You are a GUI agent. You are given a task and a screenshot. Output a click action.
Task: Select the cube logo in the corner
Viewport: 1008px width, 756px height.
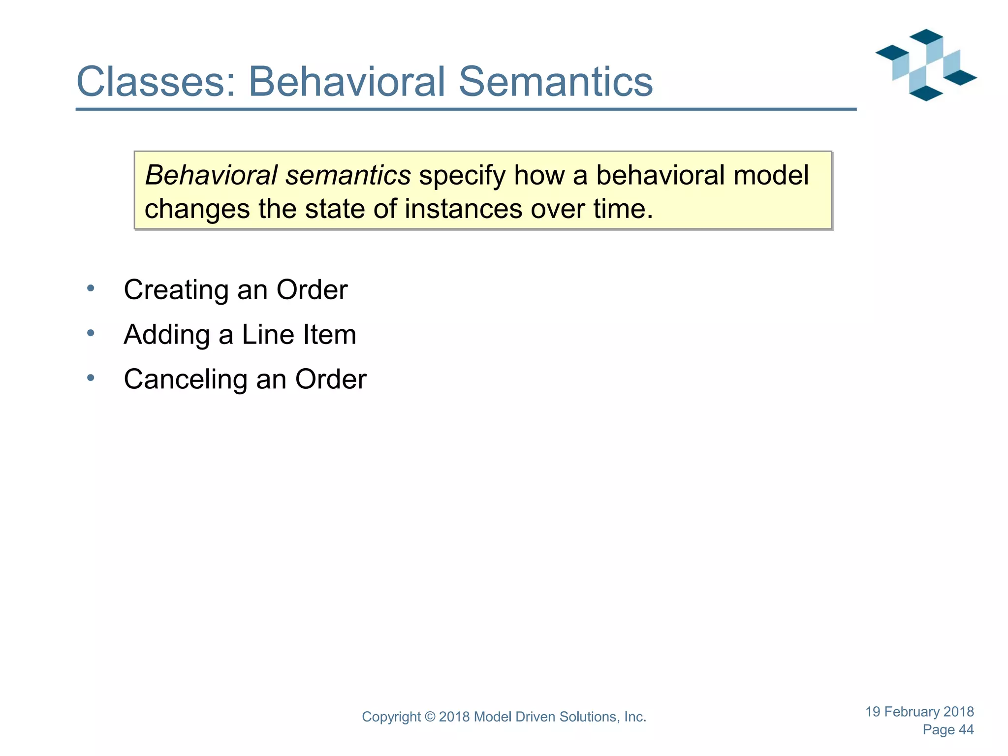926,65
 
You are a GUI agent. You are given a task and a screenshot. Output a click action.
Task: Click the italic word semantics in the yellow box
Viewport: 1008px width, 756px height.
348,175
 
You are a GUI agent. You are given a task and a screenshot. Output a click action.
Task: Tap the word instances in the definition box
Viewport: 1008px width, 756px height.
463,209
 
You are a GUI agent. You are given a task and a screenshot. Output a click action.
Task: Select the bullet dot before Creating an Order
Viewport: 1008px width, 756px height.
91,288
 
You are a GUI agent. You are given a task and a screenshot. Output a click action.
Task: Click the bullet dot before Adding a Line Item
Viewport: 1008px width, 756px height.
91,333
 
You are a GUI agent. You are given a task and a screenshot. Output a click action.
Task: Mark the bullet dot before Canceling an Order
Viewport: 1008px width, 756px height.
91,378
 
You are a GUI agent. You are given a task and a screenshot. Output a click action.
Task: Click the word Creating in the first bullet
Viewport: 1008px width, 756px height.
176,290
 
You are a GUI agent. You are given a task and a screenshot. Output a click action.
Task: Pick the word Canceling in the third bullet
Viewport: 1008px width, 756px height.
186,379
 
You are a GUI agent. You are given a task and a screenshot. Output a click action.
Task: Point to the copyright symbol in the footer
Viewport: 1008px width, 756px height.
430,717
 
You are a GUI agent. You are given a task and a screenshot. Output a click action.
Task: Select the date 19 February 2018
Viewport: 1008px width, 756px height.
919,712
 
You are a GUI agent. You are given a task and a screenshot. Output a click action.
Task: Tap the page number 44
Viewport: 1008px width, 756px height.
966,730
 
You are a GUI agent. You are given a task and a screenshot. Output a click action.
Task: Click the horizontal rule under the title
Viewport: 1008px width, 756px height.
466,109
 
